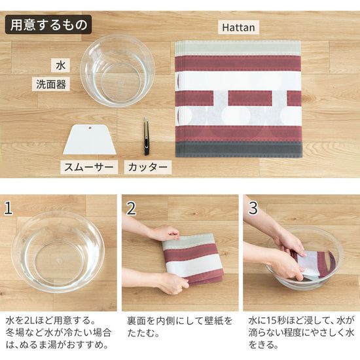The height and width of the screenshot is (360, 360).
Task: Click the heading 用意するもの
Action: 48,25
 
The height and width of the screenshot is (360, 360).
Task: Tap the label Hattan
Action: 238,27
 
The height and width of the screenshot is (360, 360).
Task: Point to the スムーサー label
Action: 89,167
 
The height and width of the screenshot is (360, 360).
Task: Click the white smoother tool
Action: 90,139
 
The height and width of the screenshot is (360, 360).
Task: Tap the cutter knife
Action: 147,136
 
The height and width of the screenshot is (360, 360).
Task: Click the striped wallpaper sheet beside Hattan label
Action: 238,98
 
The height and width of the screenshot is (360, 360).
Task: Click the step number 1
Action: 9,209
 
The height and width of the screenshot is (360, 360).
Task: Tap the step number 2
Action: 131,209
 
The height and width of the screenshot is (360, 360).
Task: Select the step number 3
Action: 253,209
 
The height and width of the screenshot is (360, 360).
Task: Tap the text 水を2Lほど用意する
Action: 49,321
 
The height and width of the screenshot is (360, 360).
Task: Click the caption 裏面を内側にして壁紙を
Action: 179,321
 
